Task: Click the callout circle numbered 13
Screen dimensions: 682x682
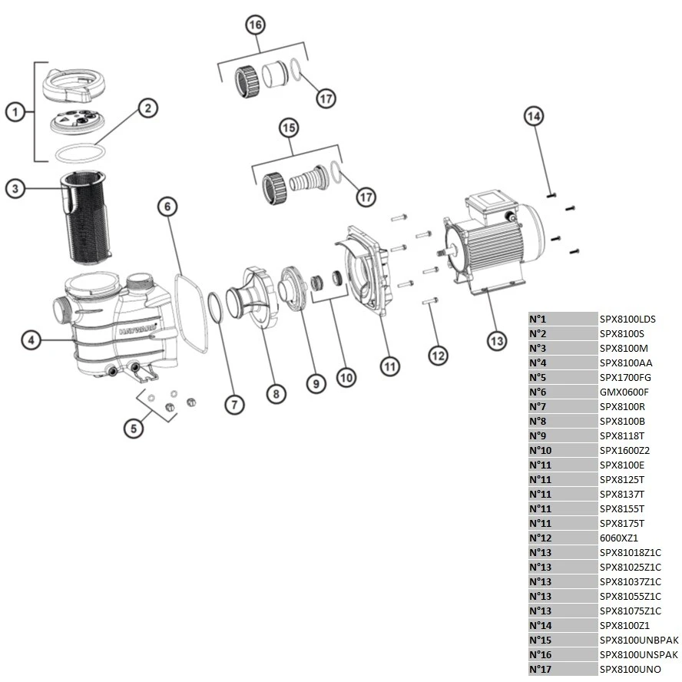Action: pos(497,339)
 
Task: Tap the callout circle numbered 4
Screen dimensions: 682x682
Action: pos(31,339)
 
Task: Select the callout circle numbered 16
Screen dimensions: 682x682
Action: pos(255,25)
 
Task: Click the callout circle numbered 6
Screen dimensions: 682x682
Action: pos(168,206)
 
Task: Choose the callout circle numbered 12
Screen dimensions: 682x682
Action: pos(437,355)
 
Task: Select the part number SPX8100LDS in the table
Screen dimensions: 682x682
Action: pos(627,319)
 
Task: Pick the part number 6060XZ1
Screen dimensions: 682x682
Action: pos(618,538)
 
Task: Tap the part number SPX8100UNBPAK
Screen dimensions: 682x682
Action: pos(638,640)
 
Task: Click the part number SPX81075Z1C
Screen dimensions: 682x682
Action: pos(630,611)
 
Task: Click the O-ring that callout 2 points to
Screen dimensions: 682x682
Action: pos(81,152)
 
